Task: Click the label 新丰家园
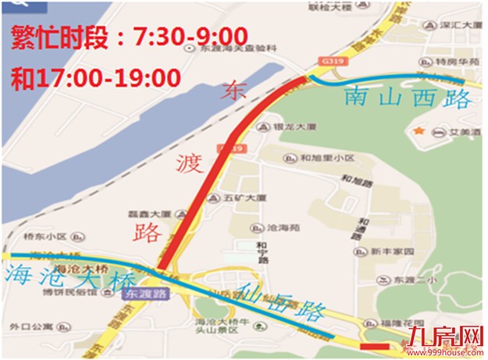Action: [x=385, y=251]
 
